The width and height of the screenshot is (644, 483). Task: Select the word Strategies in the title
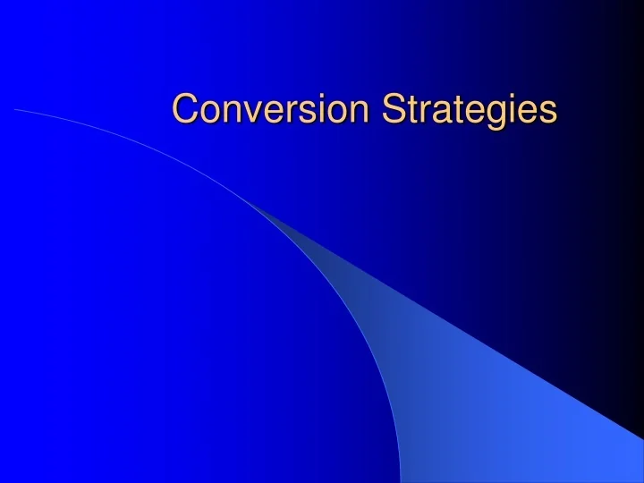click(x=470, y=110)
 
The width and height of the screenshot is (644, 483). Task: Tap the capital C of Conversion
click(x=185, y=109)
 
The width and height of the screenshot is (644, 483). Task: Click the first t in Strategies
click(x=411, y=110)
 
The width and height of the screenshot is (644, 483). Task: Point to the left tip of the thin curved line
click(x=16, y=109)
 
